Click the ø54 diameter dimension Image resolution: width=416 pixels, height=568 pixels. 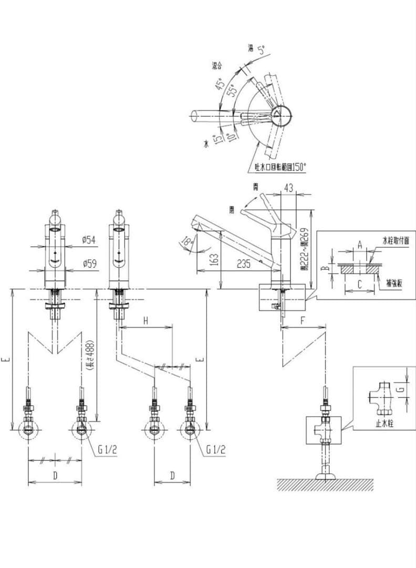coord(89,240)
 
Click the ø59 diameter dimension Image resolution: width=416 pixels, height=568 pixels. coord(89,264)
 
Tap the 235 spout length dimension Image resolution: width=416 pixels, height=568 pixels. coord(243,264)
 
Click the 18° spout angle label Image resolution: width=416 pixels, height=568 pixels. coord(186,241)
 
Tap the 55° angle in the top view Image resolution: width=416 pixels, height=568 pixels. coord(231,91)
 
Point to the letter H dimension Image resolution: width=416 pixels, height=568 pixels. coord(146,320)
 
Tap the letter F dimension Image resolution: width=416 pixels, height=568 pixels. coord(303,319)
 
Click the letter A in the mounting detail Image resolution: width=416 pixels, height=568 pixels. coord(359,245)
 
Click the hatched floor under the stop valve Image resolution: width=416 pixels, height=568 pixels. coord(325,485)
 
